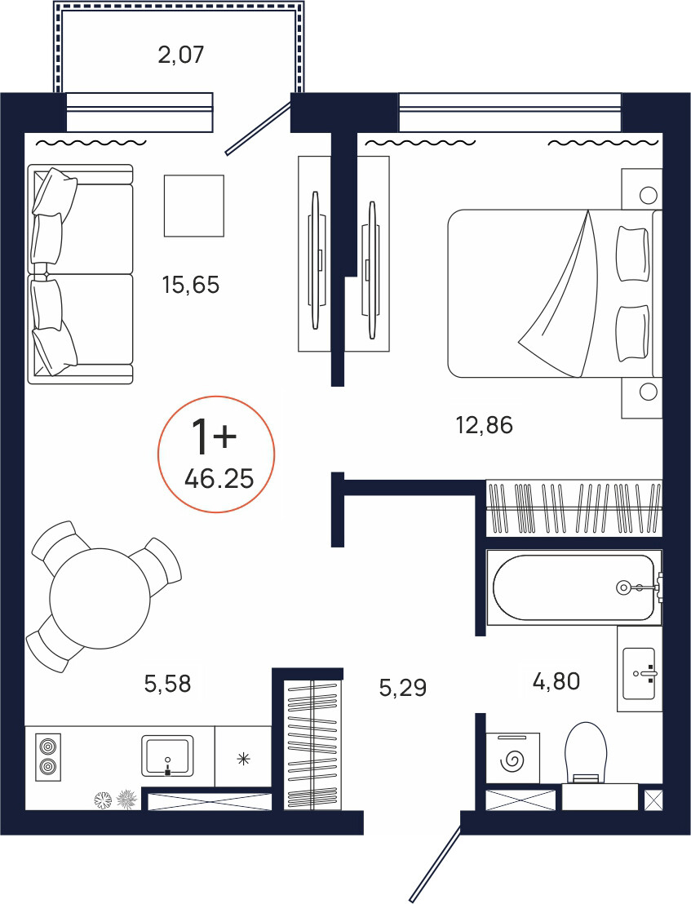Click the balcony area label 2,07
181,55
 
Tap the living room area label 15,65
191,285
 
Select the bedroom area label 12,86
484,425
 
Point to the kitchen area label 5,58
167,684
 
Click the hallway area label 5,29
403,687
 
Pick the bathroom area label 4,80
556,681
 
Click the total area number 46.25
219,479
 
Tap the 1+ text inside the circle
214,436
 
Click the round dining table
100,598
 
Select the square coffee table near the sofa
193,206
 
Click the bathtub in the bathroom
574,587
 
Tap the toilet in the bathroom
586,753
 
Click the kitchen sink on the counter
168,756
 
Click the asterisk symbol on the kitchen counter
244,759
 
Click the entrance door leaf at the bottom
435,863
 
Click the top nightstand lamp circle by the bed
649,195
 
